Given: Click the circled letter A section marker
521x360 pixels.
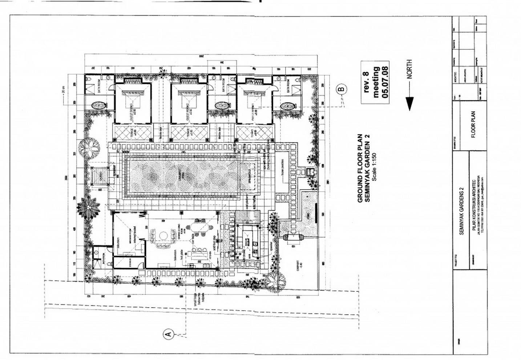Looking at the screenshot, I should tap(168, 333).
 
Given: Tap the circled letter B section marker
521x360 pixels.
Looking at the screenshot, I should tap(342, 88).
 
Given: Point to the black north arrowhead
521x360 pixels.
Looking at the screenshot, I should tap(409, 103).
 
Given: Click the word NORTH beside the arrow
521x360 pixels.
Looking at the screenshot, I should tap(409, 69).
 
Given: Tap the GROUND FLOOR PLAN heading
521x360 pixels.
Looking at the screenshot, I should tap(360, 168).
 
